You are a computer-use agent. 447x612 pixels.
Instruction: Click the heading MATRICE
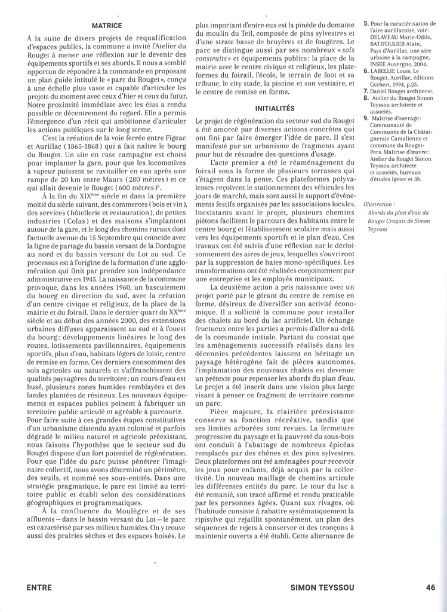107,26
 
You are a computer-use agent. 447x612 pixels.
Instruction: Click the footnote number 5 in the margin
366,24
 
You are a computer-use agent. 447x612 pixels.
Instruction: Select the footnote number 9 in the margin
366,119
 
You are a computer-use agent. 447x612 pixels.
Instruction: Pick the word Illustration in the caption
380,205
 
